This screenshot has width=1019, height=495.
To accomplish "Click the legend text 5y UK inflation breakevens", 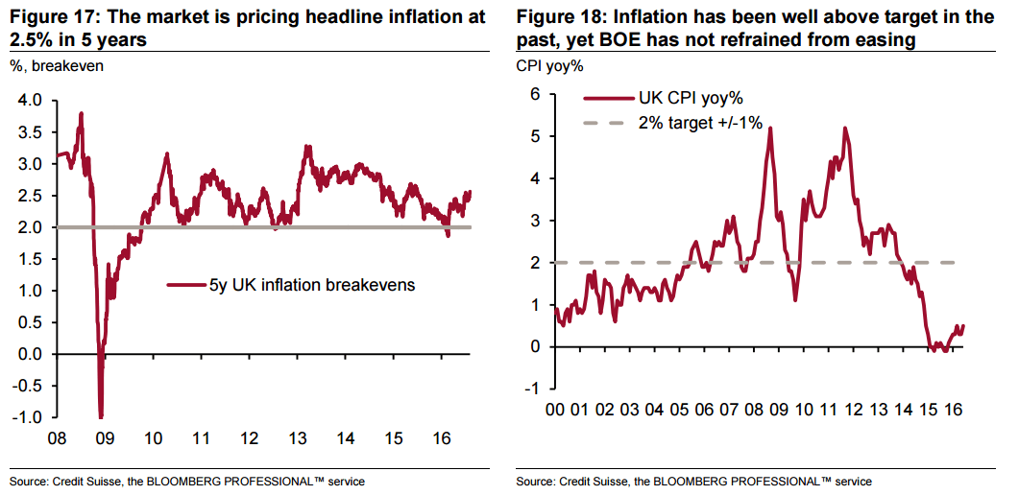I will coord(312,285).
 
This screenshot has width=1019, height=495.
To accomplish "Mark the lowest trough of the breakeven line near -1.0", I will coord(101,416).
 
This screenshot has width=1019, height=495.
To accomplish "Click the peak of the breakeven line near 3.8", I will coord(81,114).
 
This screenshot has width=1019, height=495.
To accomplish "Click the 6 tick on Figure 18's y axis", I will coord(535,94).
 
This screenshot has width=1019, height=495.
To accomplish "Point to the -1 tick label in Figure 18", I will coord(532,389).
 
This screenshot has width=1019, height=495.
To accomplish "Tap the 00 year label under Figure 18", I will coord(555,410).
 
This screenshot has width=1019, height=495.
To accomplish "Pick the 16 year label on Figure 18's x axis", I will coord(953,410).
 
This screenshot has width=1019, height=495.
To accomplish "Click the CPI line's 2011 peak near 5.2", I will coord(844,129).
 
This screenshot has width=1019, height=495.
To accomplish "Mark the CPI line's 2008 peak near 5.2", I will coord(770,129).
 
